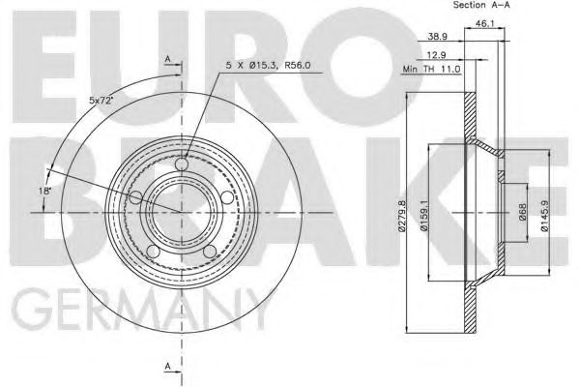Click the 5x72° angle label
pyautogui.click(x=101, y=99)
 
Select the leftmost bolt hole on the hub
pyautogui.click(x=135, y=198)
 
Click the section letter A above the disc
pyautogui.click(x=167, y=60)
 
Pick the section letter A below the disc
pyautogui.click(x=167, y=365)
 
